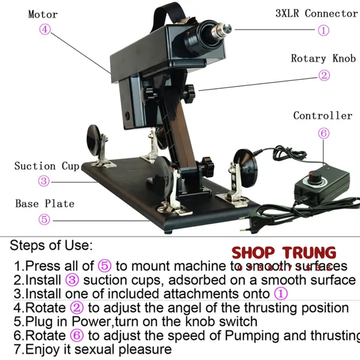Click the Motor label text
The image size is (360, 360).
(43, 14)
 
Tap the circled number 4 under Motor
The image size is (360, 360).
(46, 29)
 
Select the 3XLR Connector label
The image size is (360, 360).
(316, 13)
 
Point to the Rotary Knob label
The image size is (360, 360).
(323, 58)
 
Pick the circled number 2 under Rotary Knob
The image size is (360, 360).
(324, 75)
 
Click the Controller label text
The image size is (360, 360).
(323, 115)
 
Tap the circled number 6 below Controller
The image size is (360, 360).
(324, 133)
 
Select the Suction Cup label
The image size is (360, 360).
(47, 166)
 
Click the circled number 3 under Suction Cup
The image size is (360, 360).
(44, 181)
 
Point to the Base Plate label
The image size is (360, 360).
(45, 203)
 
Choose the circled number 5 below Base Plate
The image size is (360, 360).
(44, 219)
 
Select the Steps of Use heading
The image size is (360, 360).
(52, 245)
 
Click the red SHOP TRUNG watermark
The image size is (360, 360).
(284, 253)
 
